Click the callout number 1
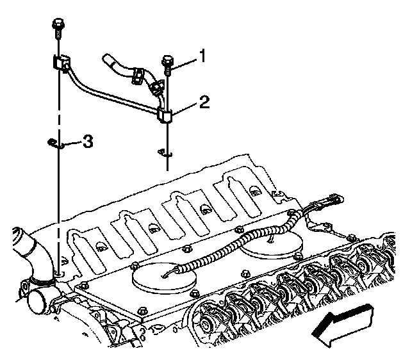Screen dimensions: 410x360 click(202, 58)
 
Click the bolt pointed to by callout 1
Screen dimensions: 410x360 click(167, 64)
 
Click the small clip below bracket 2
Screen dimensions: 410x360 click(165, 152)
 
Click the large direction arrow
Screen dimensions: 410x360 click(343, 324)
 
